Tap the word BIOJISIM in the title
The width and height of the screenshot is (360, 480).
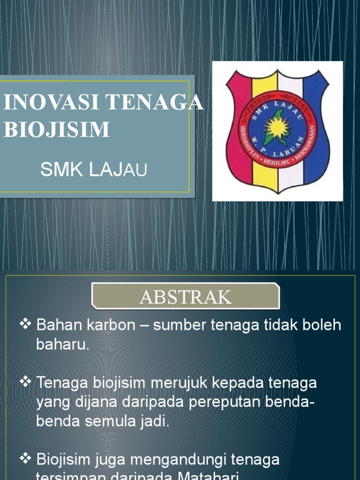56,129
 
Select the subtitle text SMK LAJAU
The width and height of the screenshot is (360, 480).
94,170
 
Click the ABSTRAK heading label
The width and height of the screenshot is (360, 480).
186,297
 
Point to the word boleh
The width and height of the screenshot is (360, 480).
321,325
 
